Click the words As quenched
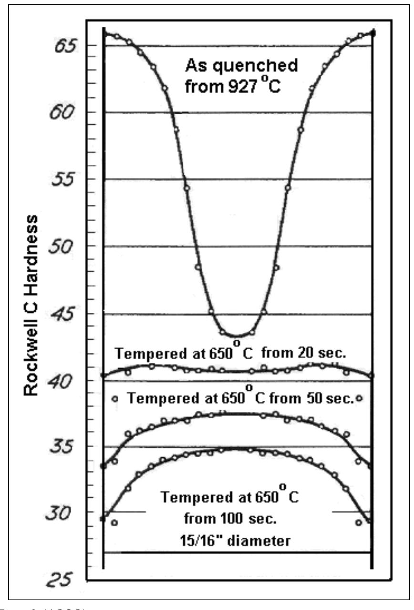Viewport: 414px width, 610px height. coord(241,64)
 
